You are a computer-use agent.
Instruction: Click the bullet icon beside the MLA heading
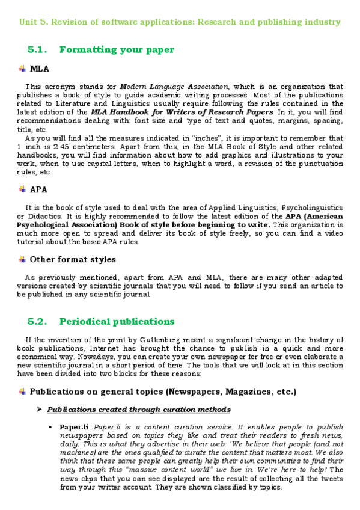coord(22,69)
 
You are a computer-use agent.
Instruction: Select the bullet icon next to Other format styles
coord(22,259)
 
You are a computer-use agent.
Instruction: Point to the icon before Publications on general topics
coord(22,392)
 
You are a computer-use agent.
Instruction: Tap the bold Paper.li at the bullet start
coord(72,427)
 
